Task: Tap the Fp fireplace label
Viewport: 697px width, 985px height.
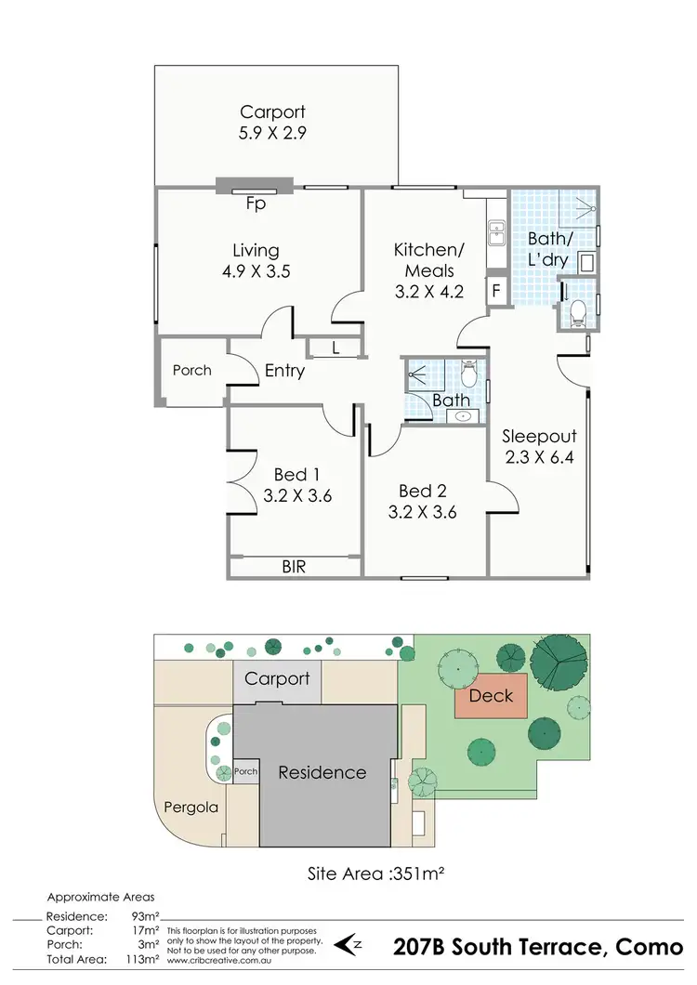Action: click(256, 204)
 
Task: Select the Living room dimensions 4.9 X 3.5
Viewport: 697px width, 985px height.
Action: click(256, 271)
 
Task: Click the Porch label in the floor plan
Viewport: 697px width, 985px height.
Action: click(192, 370)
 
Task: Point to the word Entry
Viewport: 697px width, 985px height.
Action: click(284, 371)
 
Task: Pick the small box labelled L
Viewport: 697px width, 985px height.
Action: click(335, 348)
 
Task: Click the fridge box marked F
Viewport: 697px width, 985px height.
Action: click(497, 290)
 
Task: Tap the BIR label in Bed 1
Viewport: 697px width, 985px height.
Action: click(294, 565)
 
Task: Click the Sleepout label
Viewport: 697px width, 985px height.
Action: click(540, 436)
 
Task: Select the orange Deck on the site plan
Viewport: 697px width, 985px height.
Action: click(490, 695)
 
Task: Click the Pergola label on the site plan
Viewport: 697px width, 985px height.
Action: click(191, 807)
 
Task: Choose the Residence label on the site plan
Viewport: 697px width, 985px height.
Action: click(322, 772)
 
